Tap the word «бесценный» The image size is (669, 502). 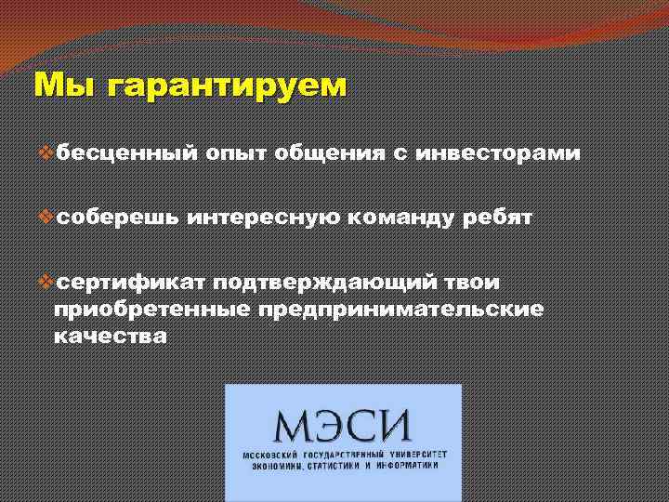tap(125, 153)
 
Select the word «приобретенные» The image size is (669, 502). tap(151, 308)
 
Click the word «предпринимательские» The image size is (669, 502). tap(400, 308)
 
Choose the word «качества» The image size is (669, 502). tap(111, 335)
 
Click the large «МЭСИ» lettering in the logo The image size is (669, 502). tap(342, 426)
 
